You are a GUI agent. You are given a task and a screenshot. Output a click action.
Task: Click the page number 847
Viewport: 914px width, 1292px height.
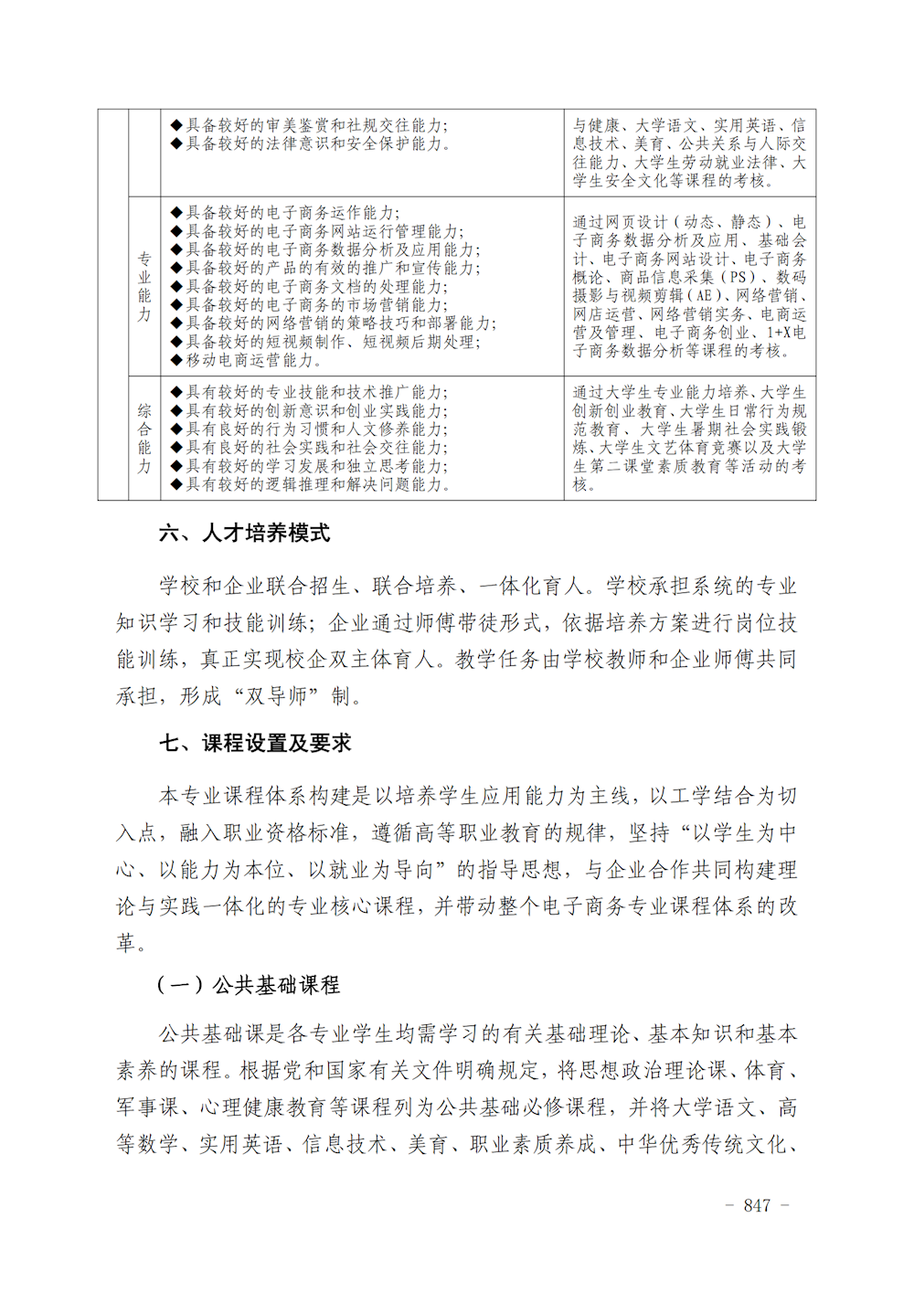tap(757, 1205)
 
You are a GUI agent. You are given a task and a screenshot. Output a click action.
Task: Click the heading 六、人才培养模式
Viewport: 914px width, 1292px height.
tap(244, 534)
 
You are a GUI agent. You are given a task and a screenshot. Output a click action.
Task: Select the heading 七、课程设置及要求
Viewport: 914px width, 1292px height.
tap(255, 744)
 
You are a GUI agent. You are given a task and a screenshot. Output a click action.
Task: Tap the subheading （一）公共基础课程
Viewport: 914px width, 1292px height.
tap(248, 985)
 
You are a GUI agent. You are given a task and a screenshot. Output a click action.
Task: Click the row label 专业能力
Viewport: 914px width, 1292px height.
tap(144, 286)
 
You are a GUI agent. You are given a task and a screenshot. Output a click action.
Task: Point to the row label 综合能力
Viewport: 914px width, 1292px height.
tap(144, 439)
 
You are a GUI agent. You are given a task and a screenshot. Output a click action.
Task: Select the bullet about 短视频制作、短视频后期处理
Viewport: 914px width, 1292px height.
tap(333, 342)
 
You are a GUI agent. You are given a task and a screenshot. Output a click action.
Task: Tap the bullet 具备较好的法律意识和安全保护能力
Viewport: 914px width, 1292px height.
tap(314, 143)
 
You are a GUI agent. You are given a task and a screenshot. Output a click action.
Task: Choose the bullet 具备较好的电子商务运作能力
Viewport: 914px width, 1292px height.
tap(292, 213)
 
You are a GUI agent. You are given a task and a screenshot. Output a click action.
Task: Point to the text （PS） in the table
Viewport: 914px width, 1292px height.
tap(739, 277)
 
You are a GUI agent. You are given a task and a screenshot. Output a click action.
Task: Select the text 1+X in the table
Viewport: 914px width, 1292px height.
tap(780, 333)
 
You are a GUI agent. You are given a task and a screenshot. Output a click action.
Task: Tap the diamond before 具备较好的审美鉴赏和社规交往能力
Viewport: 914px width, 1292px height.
tap(176, 125)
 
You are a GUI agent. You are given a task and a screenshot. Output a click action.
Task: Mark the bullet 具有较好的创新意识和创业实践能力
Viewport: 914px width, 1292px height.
tap(314, 411)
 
